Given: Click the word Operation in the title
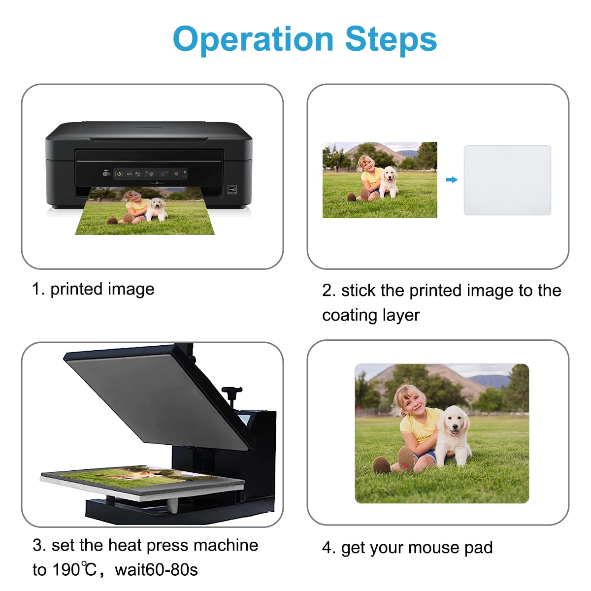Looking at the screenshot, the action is (253, 40).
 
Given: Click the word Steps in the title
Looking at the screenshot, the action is (391, 40).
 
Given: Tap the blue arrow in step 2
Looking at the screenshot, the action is (452, 180).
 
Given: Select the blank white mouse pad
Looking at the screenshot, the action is (507, 180).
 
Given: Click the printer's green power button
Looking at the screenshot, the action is (119, 174).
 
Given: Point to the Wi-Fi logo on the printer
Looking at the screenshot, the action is (106, 174).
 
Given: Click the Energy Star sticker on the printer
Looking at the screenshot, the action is (232, 190).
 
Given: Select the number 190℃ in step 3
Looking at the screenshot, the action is (74, 570).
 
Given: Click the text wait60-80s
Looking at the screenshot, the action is (156, 570).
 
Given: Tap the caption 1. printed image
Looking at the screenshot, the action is (93, 290).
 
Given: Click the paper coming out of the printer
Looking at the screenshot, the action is (145, 211).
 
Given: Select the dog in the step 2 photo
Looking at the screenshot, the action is (389, 182).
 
